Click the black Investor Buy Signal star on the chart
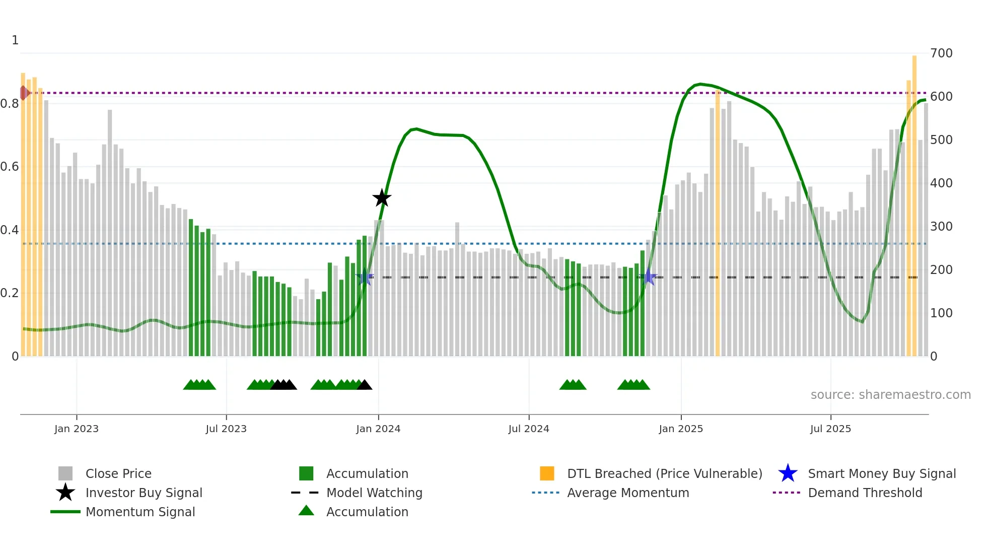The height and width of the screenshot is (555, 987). point(382,198)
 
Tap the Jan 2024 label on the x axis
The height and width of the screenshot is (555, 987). point(378,429)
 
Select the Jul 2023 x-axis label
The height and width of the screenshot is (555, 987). point(226,429)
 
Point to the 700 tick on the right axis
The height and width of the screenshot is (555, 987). point(941,53)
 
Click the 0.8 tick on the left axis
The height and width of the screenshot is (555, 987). point(10,104)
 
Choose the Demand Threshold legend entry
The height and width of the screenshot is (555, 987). point(865,493)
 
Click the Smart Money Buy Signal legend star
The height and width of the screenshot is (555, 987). point(788,473)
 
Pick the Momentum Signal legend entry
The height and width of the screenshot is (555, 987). point(140,512)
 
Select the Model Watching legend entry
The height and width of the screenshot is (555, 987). point(374,493)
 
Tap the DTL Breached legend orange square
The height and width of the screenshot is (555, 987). point(547,473)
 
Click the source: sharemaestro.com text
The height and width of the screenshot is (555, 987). point(890,395)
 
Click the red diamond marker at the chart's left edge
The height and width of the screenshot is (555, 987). point(24,93)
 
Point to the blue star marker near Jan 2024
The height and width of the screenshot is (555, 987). point(364,277)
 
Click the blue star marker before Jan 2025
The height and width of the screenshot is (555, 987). point(649,277)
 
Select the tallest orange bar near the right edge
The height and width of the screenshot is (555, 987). point(914,201)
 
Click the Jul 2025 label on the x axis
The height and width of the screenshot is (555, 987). point(830,429)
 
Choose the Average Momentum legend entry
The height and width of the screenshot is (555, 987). point(627,493)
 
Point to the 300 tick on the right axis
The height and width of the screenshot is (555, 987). point(941,227)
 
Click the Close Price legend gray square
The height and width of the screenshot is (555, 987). point(65,473)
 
